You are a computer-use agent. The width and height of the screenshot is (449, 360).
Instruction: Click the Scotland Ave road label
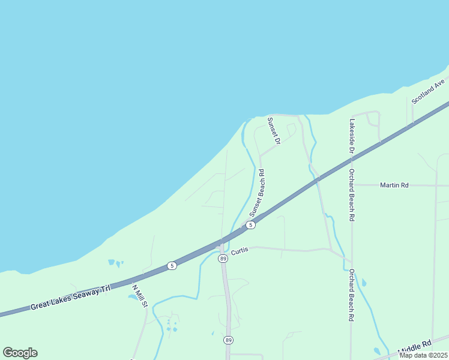pyautogui.click(x=427, y=91)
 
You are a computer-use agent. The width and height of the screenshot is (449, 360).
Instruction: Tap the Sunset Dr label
pyautogui.click(x=274, y=131)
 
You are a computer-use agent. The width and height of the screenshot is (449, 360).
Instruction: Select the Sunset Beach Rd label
pyautogui.click(x=258, y=193)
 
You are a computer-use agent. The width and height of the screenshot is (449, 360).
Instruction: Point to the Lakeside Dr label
pyautogui.click(x=351, y=136)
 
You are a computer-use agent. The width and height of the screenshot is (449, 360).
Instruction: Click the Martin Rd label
pyautogui.click(x=394, y=185)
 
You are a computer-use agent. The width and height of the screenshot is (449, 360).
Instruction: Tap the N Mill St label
pyautogui.click(x=139, y=295)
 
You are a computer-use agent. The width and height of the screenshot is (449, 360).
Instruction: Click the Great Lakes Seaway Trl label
pyautogui.click(x=71, y=298)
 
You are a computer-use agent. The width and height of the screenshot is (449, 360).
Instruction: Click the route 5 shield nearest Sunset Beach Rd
pyautogui.click(x=251, y=225)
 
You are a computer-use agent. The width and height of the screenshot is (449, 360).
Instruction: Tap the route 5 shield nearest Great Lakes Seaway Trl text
pyautogui.click(x=172, y=265)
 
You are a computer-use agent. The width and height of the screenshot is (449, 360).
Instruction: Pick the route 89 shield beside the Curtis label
pyautogui.click(x=223, y=259)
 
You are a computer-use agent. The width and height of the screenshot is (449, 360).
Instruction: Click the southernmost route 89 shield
pyautogui.click(x=228, y=340)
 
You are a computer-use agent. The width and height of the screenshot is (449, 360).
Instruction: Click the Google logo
pyautogui.click(x=20, y=353)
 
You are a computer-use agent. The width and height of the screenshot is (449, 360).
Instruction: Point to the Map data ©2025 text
pyautogui.click(x=423, y=355)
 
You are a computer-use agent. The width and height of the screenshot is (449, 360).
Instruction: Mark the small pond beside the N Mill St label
pyautogui.click(x=132, y=296)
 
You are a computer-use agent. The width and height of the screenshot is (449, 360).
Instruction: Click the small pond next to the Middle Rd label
pyautogui.click(x=377, y=351)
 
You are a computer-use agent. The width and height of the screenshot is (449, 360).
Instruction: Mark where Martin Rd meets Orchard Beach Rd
pyautogui.click(x=351, y=185)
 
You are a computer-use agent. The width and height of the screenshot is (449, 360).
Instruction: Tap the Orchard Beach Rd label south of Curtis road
pyautogui.click(x=351, y=295)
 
